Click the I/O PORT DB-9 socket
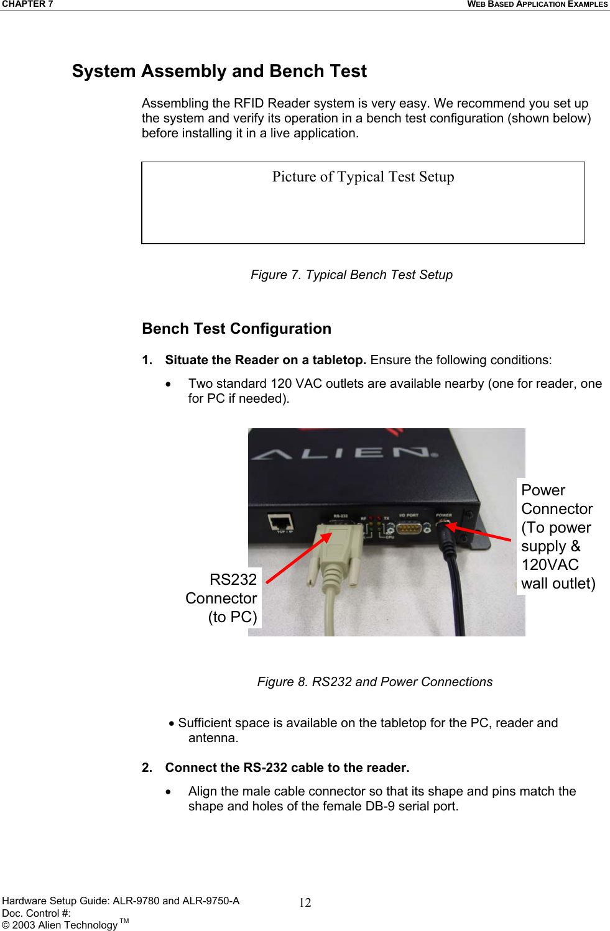tap(409, 528)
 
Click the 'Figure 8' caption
tap(374, 682)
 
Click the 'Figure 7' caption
tap(351, 275)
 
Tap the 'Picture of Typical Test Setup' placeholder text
tap(363, 177)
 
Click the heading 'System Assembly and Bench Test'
tap(219, 71)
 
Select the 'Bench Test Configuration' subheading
tap(236, 329)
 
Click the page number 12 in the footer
tap(305, 903)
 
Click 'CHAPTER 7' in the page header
tap(27, 4)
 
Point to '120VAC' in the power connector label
tap(550, 565)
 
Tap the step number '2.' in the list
tap(147, 768)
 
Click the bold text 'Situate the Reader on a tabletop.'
tap(265, 360)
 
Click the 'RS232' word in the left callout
tap(233, 580)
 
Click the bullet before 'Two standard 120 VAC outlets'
tap(168, 384)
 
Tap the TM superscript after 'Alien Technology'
tap(124, 921)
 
